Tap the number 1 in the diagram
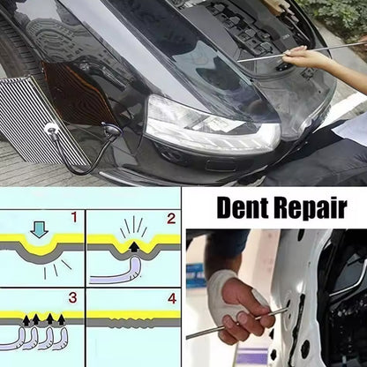[74, 217]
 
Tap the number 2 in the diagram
[171, 219]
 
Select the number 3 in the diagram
[73, 298]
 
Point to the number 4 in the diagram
[172, 299]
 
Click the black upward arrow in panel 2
[134, 247]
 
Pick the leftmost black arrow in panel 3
[26, 319]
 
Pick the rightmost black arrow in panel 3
[61, 319]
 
